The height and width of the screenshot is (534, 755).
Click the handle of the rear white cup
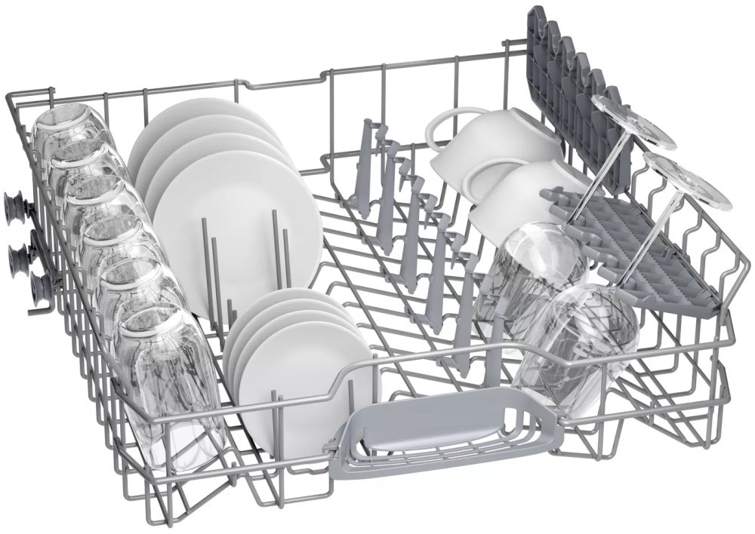(x=446, y=124)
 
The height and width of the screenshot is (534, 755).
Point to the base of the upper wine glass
(x=635, y=121)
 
